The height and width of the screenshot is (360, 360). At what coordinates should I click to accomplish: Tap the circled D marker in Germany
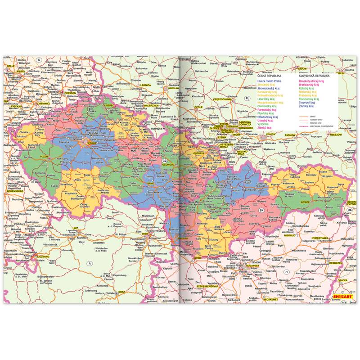39,60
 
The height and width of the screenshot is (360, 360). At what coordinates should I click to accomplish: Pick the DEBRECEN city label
335,263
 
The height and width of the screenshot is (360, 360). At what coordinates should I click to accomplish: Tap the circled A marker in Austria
90,263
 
